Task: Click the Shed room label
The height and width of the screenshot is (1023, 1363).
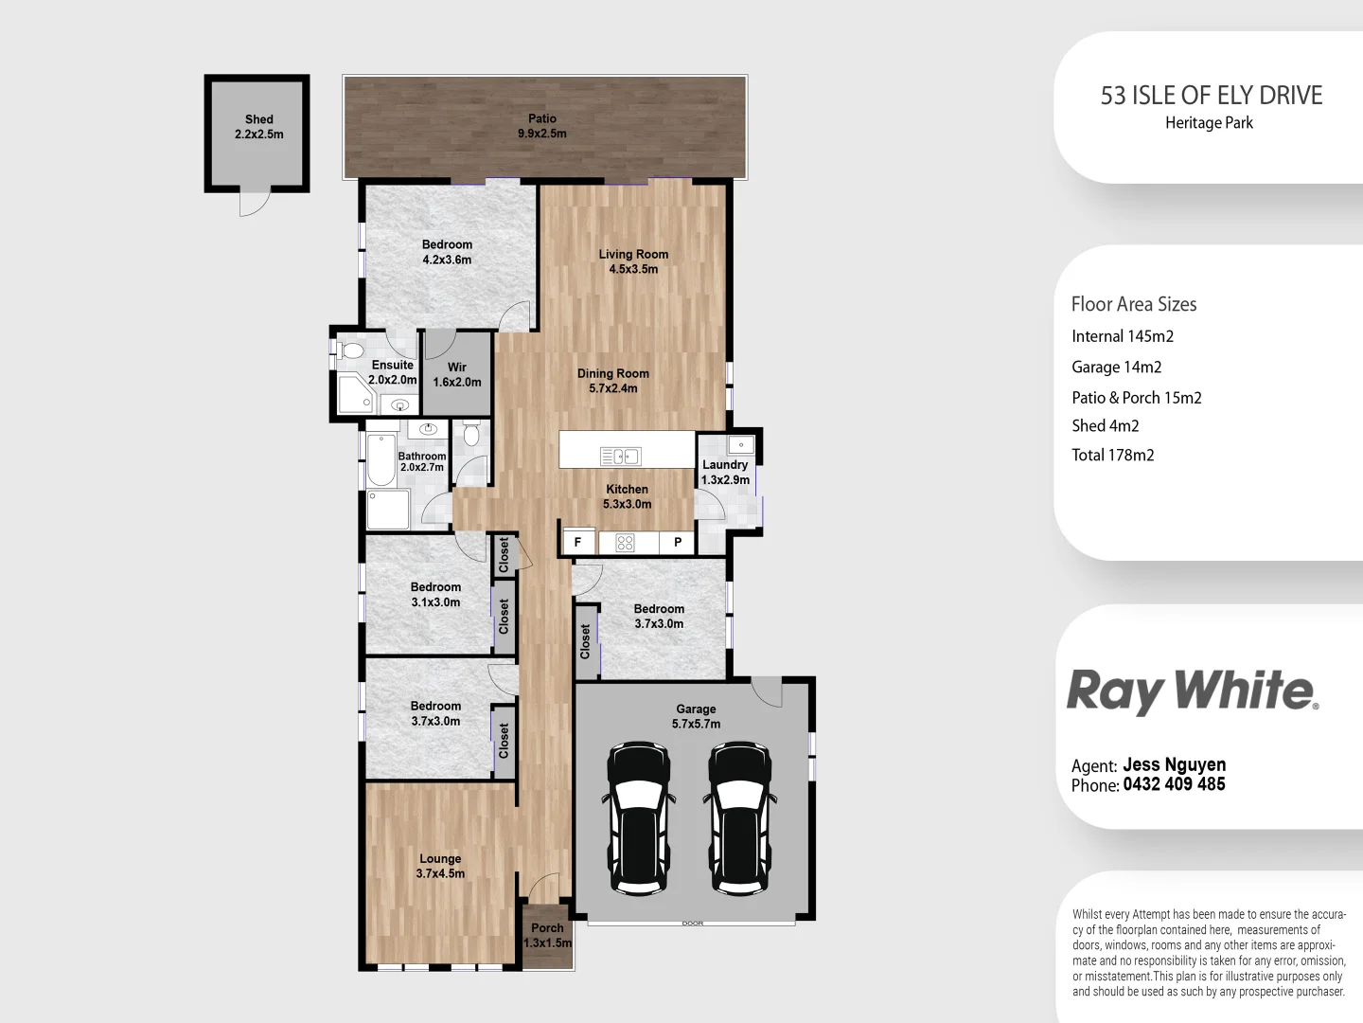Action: click(258, 127)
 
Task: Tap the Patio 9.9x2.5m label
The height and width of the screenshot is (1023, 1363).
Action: click(542, 126)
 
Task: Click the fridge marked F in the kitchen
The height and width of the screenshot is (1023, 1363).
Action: click(578, 543)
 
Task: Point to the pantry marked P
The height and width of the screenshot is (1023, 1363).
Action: click(678, 543)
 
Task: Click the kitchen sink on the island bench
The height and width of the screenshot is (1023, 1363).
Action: click(620, 457)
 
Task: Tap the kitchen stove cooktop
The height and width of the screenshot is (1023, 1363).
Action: click(625, 543)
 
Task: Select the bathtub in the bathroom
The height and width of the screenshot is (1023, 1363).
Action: click(381, 459)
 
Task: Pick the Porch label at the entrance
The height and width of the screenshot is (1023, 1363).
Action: click(547, 935)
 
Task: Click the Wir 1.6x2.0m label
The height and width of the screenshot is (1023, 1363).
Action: click(457, 374)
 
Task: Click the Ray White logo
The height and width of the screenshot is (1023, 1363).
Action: click(1192, 691)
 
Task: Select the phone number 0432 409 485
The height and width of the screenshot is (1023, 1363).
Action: click(1174, 784)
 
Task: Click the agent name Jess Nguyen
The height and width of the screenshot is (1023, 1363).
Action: click(1174, 764)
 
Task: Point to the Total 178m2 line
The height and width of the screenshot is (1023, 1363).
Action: click(1112, 455)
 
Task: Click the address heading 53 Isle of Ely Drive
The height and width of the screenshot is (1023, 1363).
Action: click(1211, 96)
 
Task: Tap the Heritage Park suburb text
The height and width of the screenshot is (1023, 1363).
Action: click(1209, 123)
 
